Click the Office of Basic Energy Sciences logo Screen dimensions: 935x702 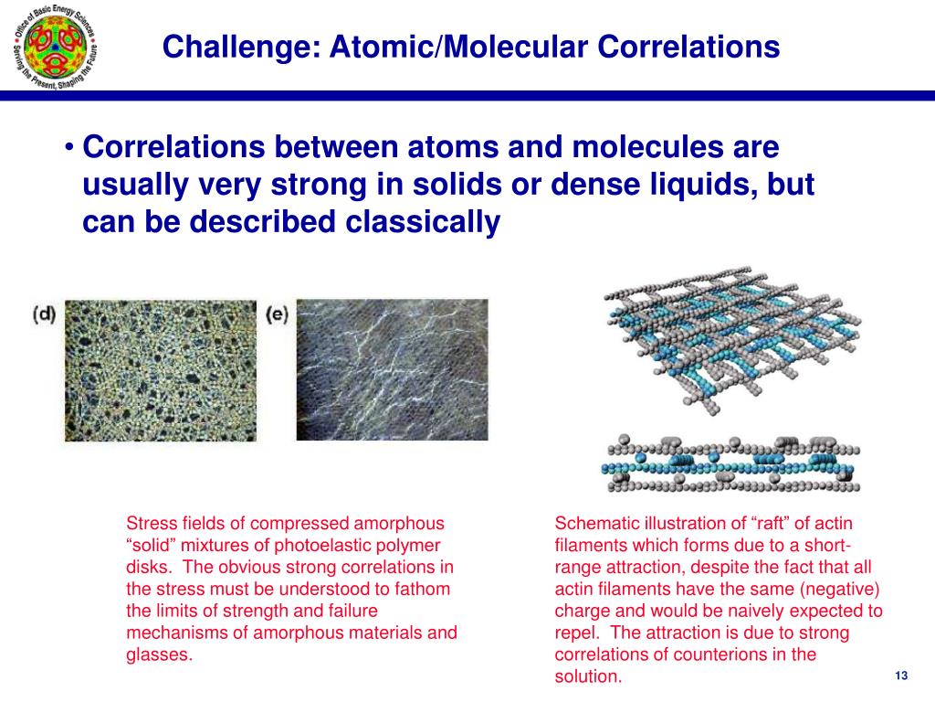pyautogui.click(x=56, y=46)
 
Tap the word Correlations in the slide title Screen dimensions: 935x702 pyautogui.click(x=688, y=47)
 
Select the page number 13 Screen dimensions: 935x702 pyautogui.click(x=901, y=675)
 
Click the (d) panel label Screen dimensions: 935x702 pyautogui.click(x=44, y=314)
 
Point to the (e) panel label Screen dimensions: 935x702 pyautogui.click(x=277, y=314)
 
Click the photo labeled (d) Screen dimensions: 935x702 pyautogui.click(x=161, y=371)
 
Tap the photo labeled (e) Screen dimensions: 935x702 pyautogui.click(x=392, y=370)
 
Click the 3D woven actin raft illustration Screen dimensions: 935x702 pyautogui.click(x=733, y=340)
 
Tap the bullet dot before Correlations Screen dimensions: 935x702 pyautogui.click(x=69, y=147)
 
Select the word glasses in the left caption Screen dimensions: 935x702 pyautogui.click(x=159, y=655)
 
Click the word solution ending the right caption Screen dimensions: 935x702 pyautogui.click(x=588, y=676)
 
